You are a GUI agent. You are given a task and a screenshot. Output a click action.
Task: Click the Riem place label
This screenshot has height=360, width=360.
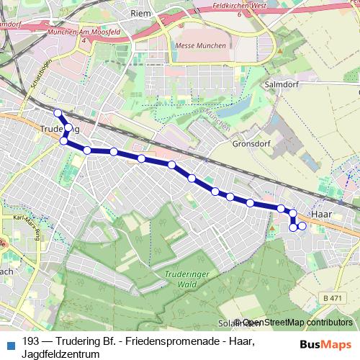point(140,13)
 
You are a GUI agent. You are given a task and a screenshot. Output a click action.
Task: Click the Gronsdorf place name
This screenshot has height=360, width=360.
point(250,143)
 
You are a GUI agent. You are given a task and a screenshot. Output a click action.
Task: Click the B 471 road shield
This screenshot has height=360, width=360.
point(332,297)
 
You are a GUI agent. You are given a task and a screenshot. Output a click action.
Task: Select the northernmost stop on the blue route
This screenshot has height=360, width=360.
point(58,112)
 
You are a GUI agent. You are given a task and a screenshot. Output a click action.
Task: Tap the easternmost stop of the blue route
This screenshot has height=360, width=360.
point(302,226)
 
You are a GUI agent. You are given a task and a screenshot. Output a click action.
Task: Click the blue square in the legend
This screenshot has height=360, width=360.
point(9,342)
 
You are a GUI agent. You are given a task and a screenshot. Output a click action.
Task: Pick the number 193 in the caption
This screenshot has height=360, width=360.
point(31,341)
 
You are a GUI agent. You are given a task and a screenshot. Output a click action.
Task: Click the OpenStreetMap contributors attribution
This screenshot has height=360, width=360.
point(297,323)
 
